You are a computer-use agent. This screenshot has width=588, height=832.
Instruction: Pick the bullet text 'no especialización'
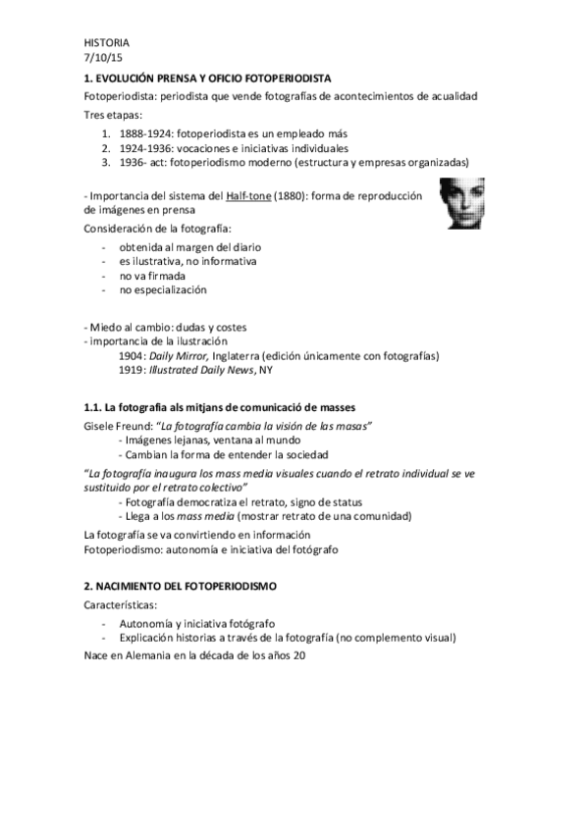[163, 289]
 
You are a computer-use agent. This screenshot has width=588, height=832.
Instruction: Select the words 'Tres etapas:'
[113, 115]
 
